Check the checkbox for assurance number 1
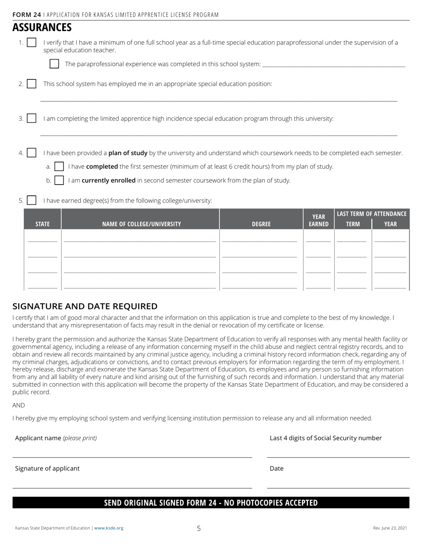32,43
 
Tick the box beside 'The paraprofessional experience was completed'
54,64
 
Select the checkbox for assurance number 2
32,84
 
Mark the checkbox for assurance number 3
32,119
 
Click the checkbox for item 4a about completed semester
59,166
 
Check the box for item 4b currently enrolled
59,180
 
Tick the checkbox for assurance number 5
32,201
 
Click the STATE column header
43,224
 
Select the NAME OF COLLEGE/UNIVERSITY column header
141,224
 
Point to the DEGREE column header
261,224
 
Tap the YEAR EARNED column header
318,220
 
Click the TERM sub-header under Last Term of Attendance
353,224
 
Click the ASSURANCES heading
42,28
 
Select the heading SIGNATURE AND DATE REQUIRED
85,306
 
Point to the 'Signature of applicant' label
48,468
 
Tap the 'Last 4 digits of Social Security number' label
326,438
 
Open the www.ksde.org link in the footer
109,528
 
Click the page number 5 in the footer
199,528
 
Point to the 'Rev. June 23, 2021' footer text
390,528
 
